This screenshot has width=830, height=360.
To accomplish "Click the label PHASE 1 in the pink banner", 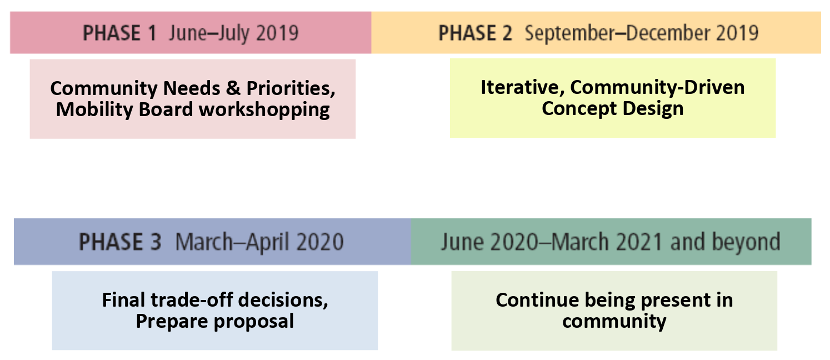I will [119, 33].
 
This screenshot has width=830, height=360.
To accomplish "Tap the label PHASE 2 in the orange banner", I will [475, 33].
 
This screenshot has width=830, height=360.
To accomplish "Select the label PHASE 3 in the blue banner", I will [120, 242].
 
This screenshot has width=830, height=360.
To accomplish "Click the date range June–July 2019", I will [233, 33].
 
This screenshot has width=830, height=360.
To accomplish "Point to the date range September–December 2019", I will [642, 33].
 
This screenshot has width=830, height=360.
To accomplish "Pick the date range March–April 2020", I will [259, 242].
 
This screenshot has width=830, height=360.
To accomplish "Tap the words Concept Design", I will [612, 108].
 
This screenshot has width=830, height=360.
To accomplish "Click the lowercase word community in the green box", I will [614, 321].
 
